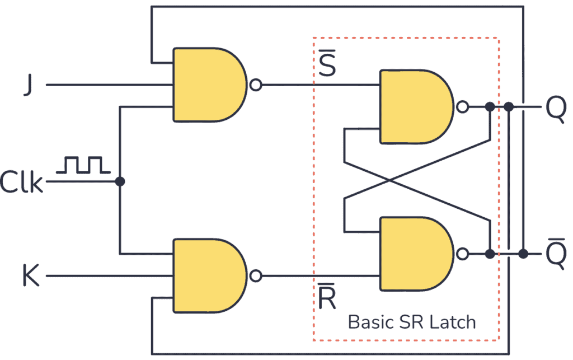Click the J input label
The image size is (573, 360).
tap(26, 85)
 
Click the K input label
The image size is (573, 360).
tap(31, 276)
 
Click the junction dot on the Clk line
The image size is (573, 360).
tap(119, 181)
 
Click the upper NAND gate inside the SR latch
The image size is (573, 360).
tap(414, 106)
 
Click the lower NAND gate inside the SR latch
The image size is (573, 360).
tap(414, 254)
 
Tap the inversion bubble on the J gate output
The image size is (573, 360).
tap(256, 85)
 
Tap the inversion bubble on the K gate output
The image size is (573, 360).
tap(256, 276)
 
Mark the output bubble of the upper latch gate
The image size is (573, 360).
tap(462, 106)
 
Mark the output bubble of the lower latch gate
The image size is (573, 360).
tap(462, 254)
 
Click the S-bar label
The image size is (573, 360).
tap(327, 66)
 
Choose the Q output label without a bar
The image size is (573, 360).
tap(555, 107)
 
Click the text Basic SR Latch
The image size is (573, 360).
tap(411, 322)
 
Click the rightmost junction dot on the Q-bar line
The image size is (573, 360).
tap(523, 254)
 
